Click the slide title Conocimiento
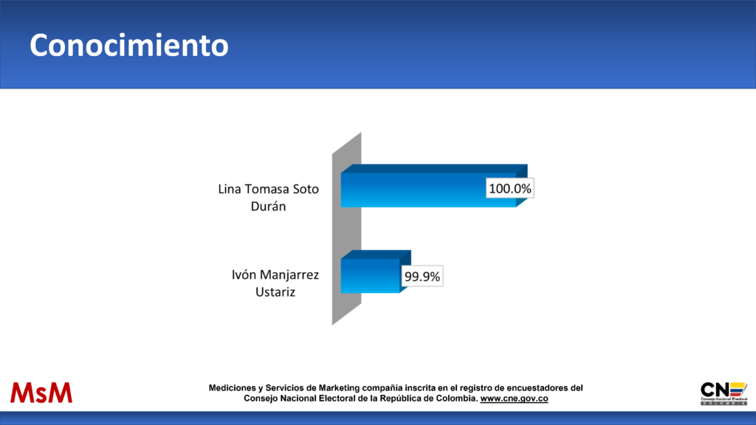pyautogui.click(x=129, y=45)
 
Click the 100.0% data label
pyautogui.click(x=510, y=188)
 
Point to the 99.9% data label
pyautogui.click(x=422, y=277)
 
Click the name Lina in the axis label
pyautogui.click(x=230, y=189)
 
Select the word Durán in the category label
pyautogui.click(x=269, y=207)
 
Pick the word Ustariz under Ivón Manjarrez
pyautogui.click(x=275, y=292)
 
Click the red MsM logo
pyautogui.click(x=41, y=393)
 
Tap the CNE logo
pyautogui.click(x=724, y=393)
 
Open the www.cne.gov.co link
pyautogui.click(x=514, y=398)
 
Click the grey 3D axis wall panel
pyautogui.click(x=347, y=229)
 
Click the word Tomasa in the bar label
pyautogui.click(x=267, y=189)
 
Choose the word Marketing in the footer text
pyautogui.click(x=339, y=388)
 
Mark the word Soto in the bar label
pyautogui.click(x=306, y=189)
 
